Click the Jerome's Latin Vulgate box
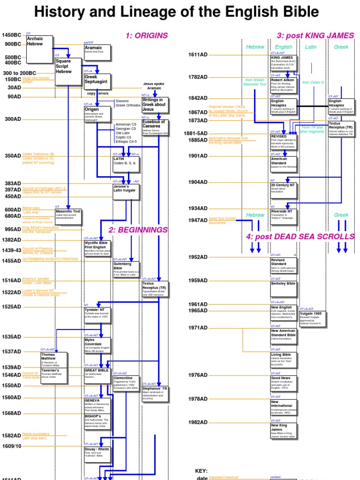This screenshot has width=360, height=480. (126, 192)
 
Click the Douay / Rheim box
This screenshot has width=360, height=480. (97, 455)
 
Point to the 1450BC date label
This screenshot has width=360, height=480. (12, 35)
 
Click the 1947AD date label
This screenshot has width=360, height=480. (198, 220)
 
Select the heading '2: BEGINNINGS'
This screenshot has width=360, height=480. (138, 230)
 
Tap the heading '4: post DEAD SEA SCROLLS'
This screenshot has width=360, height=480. (300, 236)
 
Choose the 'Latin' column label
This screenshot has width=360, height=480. (311, 47)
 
